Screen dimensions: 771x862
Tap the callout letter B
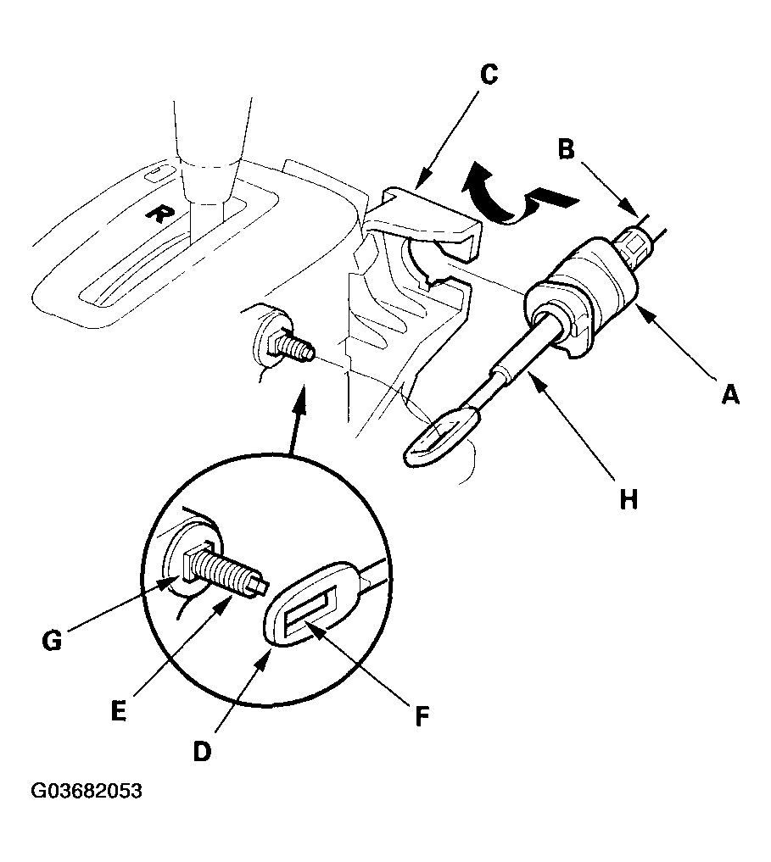pos(567,148)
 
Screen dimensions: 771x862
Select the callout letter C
pos(489,75)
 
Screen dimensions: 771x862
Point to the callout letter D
pos(202,751)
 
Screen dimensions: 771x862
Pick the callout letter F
pos(422,715)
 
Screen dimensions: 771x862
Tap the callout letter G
pos(52,641)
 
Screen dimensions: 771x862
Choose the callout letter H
pos(629,499)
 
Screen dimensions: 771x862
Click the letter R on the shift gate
pos(158,214)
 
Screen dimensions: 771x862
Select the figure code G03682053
pos(87,791)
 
